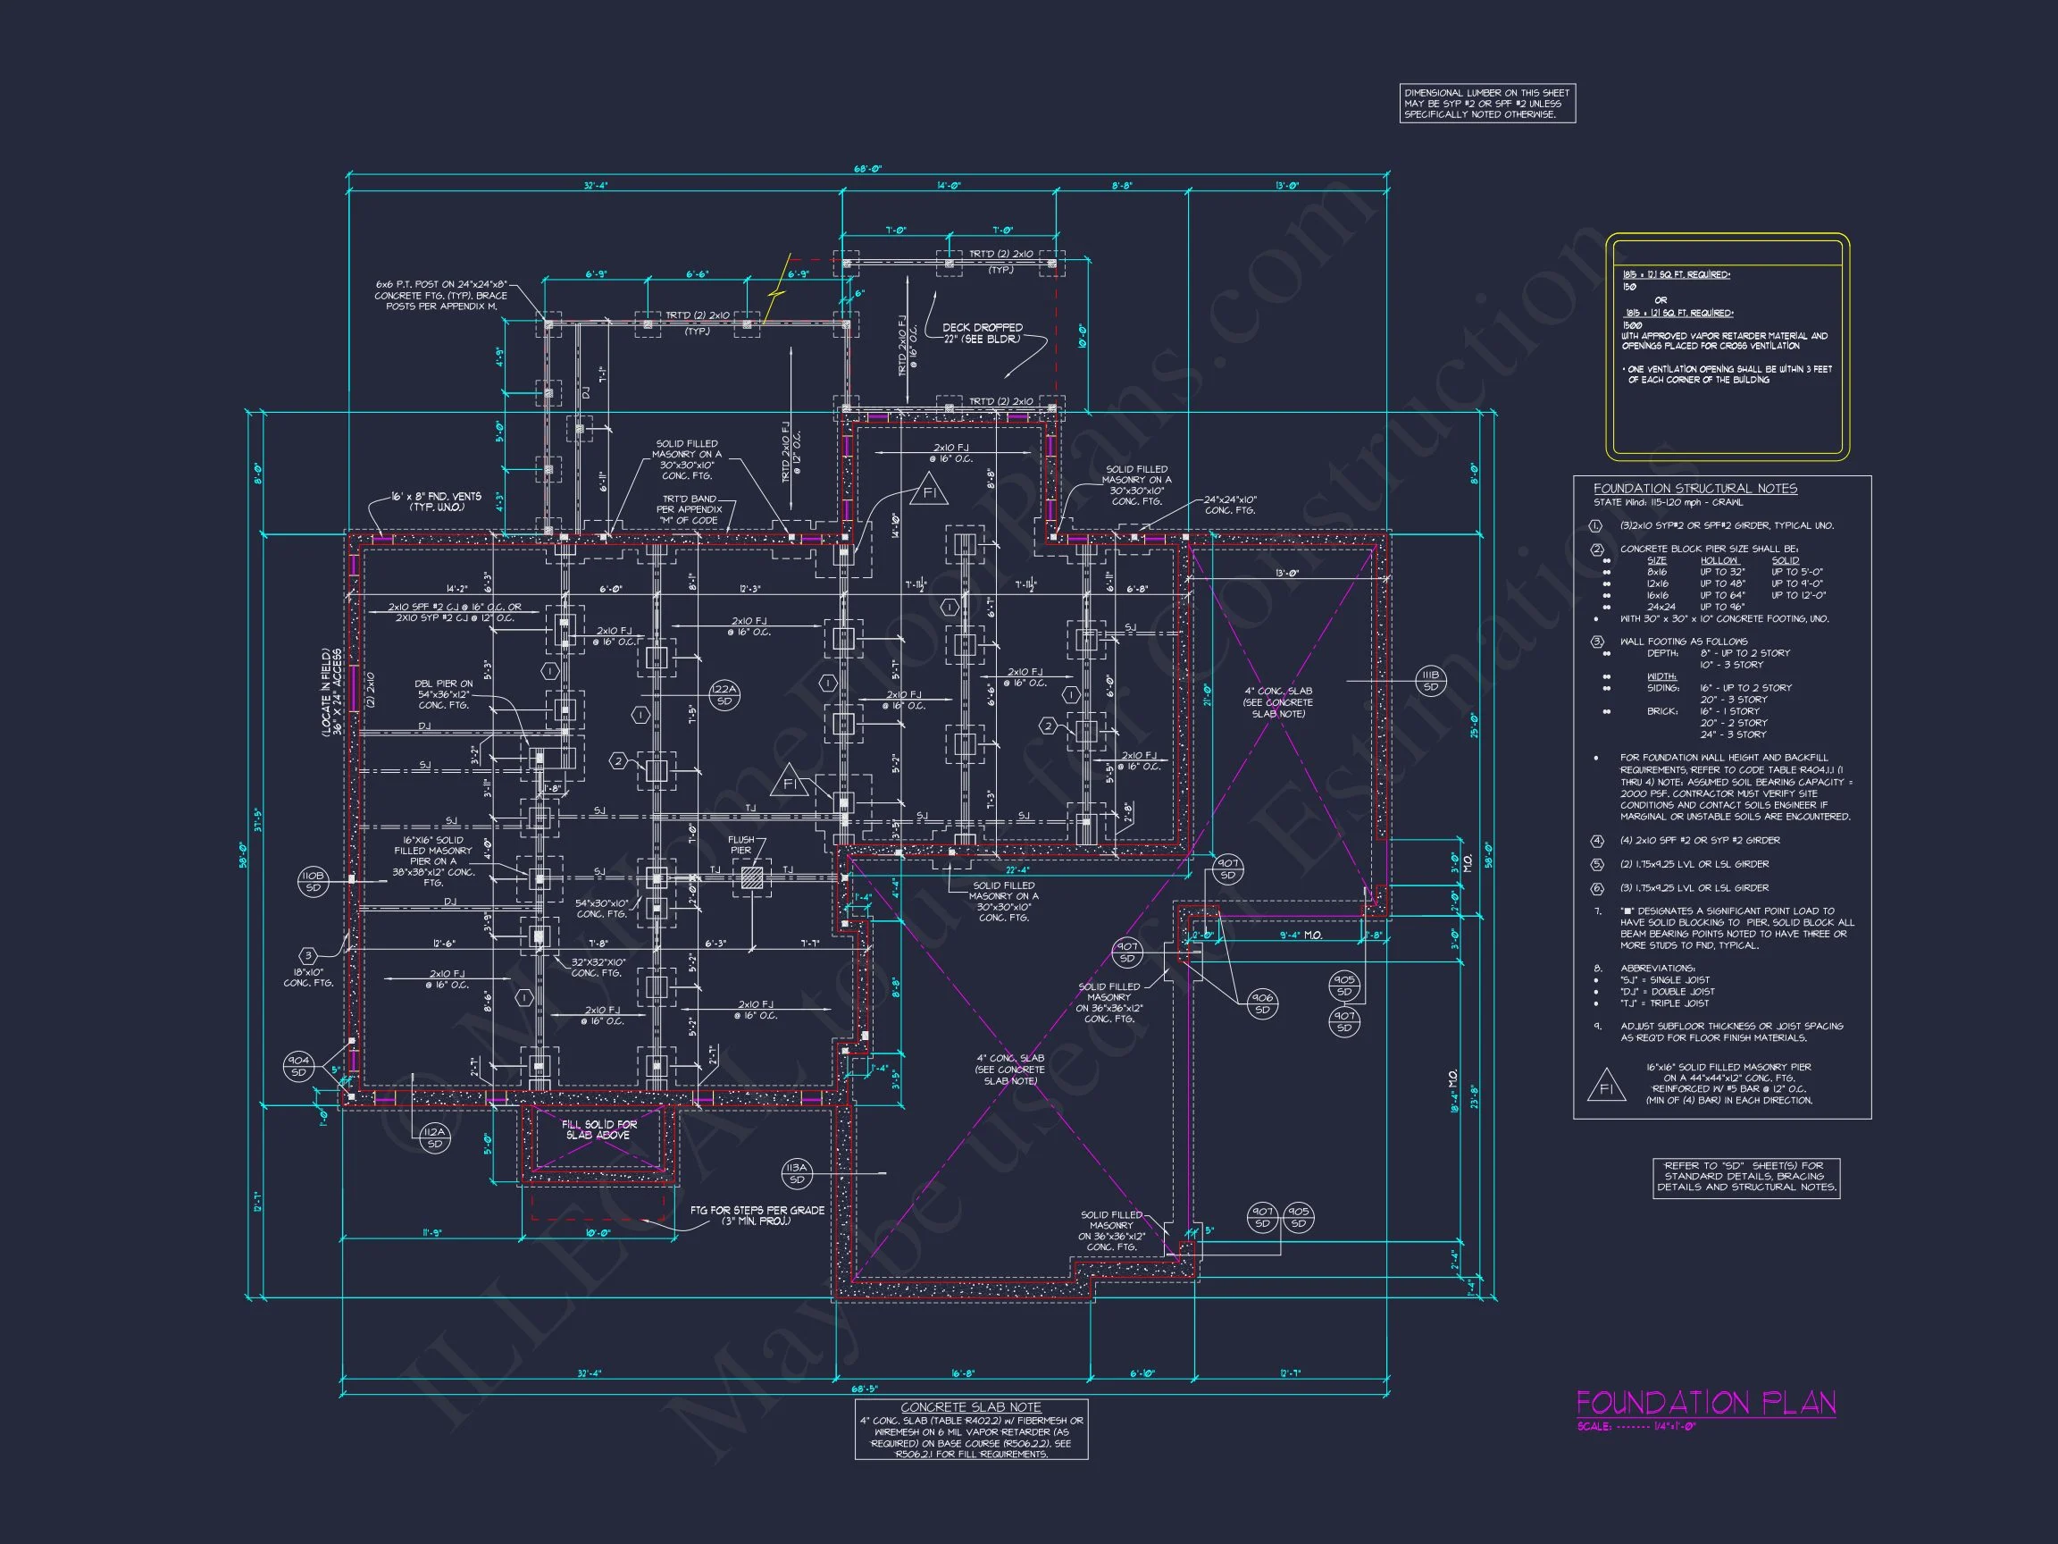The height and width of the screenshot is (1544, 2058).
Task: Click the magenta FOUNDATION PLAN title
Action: tap(1705, 1403)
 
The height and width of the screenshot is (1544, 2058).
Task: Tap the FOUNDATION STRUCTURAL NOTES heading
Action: tap(1695, 489)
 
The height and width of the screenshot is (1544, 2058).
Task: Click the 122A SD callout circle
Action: tap(724, 695)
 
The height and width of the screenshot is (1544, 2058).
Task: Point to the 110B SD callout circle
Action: tap(313, 881)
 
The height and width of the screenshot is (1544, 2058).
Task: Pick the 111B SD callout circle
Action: tap(1430, 681)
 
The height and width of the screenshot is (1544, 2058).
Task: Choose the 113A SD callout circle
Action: tap(797, 1173)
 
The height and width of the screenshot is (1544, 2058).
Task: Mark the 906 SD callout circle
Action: tap(1261, 1003)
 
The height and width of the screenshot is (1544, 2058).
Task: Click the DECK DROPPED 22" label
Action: tap(982, 333)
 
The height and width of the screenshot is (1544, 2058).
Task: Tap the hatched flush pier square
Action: tap(752, 877)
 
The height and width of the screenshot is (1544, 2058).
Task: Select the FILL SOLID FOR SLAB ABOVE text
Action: tap(599, 1129)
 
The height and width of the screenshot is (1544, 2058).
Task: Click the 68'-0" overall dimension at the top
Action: tap(867, 170)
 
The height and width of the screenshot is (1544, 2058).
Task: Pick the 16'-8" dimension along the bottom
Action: tap(962, 1373)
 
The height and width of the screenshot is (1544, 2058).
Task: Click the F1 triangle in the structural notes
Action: tap(1606, 1087)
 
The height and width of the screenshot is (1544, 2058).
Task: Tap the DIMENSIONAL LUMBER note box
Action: tap(1486, 104)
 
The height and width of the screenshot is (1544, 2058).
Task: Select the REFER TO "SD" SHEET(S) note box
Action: tap(1746, 1177)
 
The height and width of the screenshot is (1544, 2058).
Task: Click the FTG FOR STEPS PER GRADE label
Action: tap(757, 1215)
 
